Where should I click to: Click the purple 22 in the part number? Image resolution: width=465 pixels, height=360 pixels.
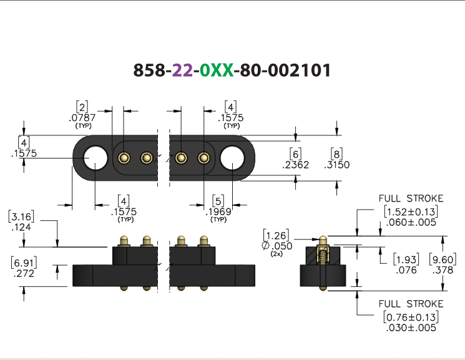[182, 71]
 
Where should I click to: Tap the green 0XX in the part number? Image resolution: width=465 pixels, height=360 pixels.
[217, 71]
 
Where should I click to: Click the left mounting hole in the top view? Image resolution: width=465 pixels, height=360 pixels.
[95, 158]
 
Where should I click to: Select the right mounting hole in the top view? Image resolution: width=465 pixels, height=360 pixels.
[232, 158]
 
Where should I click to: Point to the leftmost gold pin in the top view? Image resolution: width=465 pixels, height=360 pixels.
[124, 158]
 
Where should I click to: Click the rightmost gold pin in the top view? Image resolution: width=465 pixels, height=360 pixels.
[203, 158]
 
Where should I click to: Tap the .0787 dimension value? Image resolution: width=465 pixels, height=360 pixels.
[82, 118]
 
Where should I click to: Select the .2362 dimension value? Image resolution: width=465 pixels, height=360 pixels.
[296, 165]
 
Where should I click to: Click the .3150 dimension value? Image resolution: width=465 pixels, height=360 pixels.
[337, 165]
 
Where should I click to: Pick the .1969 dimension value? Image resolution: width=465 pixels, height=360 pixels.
[218, 212]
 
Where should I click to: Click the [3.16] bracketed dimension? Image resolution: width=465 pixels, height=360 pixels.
[21, 216]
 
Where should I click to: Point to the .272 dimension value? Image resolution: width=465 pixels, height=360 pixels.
[24, 273]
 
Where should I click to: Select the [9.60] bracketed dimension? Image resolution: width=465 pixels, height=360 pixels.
[443, 260]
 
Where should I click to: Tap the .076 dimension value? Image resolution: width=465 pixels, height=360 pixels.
[406, 270]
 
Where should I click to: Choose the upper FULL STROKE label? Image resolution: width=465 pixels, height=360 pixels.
[411, 198]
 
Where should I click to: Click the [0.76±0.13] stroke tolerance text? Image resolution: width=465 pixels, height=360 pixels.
[411, 317]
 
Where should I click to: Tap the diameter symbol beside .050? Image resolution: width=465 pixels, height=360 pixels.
[266, 246]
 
